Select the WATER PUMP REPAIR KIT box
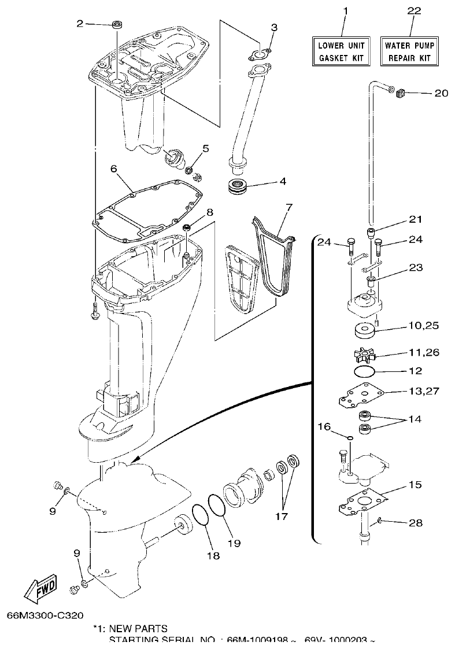[x=410, y=51]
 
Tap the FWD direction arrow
[x=40, y=589]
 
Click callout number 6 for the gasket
[x=113, y=168]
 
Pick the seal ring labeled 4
[x=238, y=187]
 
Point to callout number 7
[x=289, y=207]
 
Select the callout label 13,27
[x=423, y=391]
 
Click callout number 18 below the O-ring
[x=213, y=555]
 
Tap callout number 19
[x=234, y=543]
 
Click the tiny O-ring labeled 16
[x=349, y=438]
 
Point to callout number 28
[x=415, y=523]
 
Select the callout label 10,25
[x=423, y=326]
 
